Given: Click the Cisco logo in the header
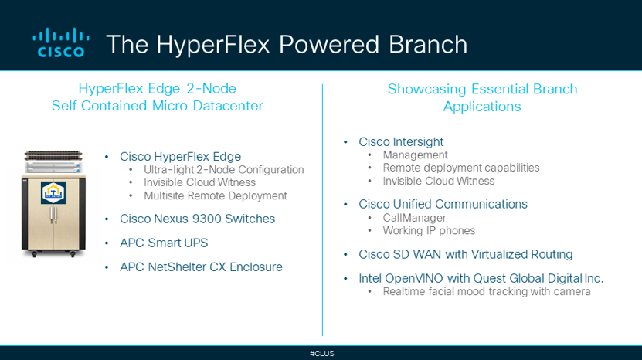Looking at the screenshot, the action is [x=60, y=42].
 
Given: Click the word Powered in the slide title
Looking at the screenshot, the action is [x=329, y=44].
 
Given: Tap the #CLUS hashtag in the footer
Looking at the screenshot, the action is [x=322, y=354].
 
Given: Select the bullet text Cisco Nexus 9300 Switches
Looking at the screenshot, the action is [x=197, y=219].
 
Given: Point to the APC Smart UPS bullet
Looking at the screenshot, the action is [x=164, y=243].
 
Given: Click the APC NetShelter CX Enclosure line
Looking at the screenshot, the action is [x=201, y=267].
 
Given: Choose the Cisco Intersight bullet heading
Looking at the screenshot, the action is [x=401, y=141].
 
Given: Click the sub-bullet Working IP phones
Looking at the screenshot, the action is [x=429, y=230].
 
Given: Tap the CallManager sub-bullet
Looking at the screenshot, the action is [x=414, y=218].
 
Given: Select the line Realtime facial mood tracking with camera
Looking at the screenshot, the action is [x=487, y=291].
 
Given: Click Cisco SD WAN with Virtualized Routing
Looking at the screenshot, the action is [x=466, y=254].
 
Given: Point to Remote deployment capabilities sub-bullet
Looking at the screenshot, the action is [x=461, y=168].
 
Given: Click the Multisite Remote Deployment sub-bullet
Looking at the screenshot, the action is [x=216, y=195].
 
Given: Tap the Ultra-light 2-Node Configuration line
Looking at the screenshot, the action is [x=223, y=169].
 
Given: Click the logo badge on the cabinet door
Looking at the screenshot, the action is [x=53, y=192].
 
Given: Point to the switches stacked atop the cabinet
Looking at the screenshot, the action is [x=53, y=161].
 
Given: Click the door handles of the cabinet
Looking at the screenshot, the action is [x=53, y=215].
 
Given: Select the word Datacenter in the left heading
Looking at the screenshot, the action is [x=228, y=106].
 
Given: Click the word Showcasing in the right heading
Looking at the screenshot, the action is [x=426, y=89].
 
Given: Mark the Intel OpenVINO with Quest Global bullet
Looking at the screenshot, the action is [x=481, y=279].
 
